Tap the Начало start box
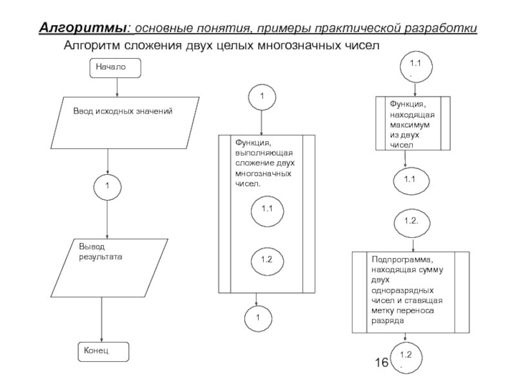click(x=115, y=66)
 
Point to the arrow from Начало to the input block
click(x=116, y=86)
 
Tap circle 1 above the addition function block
click(x=261, y=96)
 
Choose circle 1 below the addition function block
click(x=257, y=317)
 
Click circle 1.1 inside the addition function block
click(x=266, y=209)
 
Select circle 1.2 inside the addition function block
click(x=266, y=259)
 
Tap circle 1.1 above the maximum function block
click(x=411, y=66)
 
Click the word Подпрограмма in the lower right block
click(x=401, y=259)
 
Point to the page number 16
click(x=382, y=364)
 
